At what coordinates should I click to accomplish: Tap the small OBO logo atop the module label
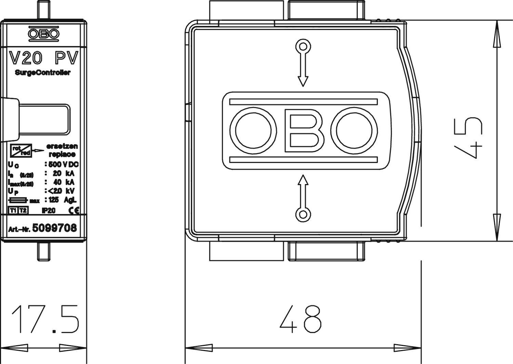coord(43,33)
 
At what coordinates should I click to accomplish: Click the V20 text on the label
coord(26,58)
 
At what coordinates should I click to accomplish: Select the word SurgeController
coord(43,72)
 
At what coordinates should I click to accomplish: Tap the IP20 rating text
coord(49,211)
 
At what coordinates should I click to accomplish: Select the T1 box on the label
coord(13,210)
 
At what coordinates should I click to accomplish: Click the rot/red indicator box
coord(21,150)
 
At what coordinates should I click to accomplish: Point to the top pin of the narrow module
coord(43,11)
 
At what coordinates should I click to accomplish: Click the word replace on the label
coord(62,154)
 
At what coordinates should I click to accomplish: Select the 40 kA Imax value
coord(64,182)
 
